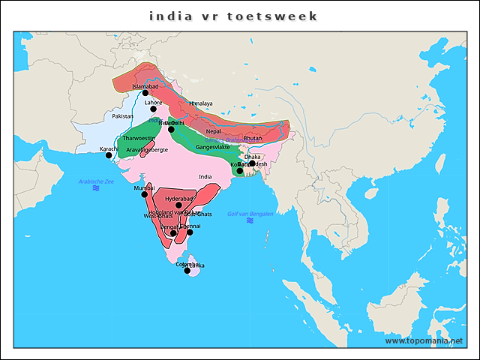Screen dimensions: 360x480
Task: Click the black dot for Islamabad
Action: (145, 93)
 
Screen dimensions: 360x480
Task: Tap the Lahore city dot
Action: (153, 109)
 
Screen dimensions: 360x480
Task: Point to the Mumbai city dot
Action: (145, 194)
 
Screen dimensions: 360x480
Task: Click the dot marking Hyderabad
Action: (178, 205)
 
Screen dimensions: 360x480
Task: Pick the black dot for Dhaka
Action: (252, 163)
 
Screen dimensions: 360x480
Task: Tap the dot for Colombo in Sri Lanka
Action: (187, 271)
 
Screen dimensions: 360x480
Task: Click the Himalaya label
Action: (201, 103)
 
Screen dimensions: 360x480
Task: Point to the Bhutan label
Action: (253, 138)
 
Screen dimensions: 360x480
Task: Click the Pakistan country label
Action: (122, 116)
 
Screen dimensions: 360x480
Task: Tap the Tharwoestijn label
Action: (139, 139)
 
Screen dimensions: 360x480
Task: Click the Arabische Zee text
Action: (96, 181)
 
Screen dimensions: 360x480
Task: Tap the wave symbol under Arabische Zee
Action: (96, 189)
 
